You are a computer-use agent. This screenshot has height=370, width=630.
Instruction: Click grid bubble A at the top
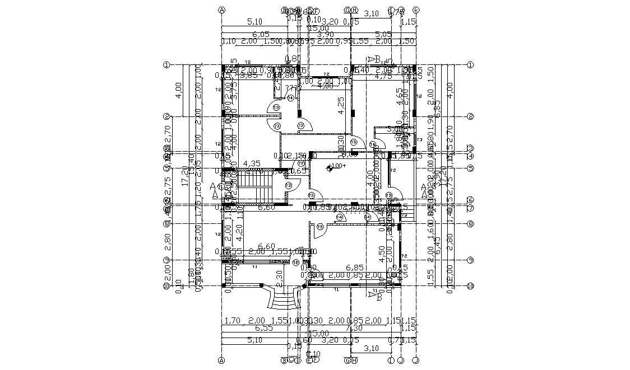point(222,10)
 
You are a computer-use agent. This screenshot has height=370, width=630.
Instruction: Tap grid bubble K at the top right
point(416,10)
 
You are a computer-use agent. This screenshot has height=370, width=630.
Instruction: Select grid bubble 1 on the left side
point(166,65)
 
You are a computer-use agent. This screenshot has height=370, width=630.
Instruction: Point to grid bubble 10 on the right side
point(470,286)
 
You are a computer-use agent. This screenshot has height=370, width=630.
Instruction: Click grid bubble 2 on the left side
point(166,116)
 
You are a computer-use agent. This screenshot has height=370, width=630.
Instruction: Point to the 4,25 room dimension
point(341,106)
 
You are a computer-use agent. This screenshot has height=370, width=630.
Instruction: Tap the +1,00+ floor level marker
point(338,166)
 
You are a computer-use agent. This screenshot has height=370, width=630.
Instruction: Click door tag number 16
point(295,262)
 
